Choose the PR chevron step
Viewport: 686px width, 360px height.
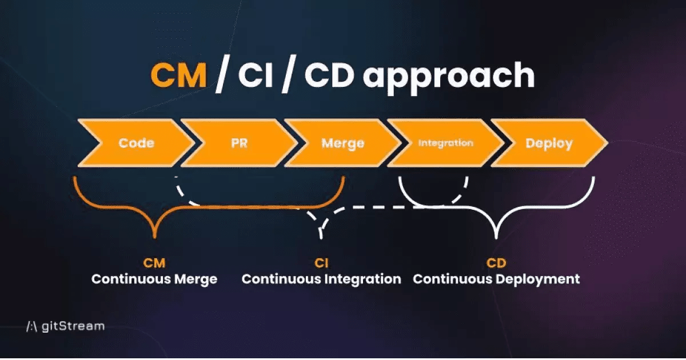pos(240,143)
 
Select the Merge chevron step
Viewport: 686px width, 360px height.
pos(342,143)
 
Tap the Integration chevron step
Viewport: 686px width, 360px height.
pos(445,143)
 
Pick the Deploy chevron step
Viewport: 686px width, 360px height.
pos(548,143)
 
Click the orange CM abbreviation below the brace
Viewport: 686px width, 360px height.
pos(154,263)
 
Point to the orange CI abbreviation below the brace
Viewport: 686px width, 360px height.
pos(321,263)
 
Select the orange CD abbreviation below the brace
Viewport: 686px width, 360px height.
pos(496,263)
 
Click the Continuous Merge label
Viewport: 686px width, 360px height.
pos(154,279)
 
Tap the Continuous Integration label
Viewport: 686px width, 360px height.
pos(321,279)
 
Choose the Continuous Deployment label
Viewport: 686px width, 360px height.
pos(496,279)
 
